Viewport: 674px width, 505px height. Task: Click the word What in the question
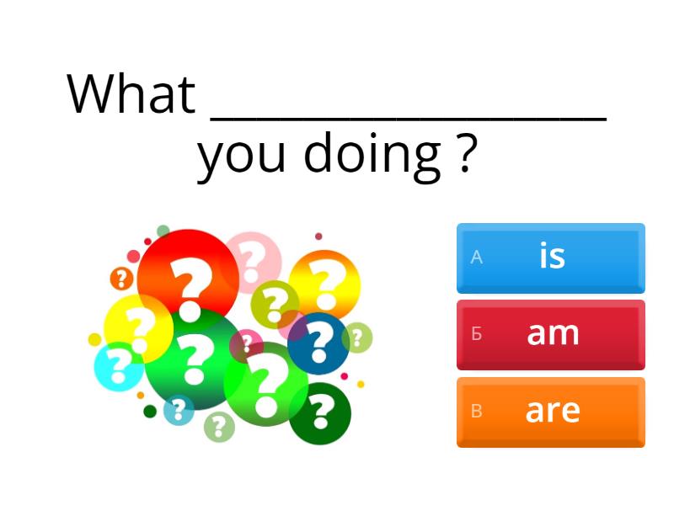[x=131, y=93]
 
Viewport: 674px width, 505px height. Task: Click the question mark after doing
[x=466, y=153]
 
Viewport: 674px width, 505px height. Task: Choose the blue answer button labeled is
[x=551, y=258]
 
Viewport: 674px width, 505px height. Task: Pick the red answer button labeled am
[x=551, y=335]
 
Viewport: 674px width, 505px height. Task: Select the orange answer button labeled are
[x=551, y=412]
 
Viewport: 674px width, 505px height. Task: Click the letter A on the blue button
[x=476, y=258]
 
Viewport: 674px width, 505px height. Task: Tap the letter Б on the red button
[x=476, y=333]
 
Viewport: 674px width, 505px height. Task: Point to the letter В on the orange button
[x=476, y=411]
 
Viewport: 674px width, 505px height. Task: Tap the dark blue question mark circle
[x=318, y=343]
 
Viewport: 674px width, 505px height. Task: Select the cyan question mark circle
[x=119, y=366]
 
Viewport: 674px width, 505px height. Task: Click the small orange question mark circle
[x=121, y=279]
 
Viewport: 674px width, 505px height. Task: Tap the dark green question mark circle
[x=320, y=413]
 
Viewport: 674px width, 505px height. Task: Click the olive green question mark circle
[x=275, y=304]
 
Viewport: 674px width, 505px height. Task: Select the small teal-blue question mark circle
[x=179, y=410]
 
